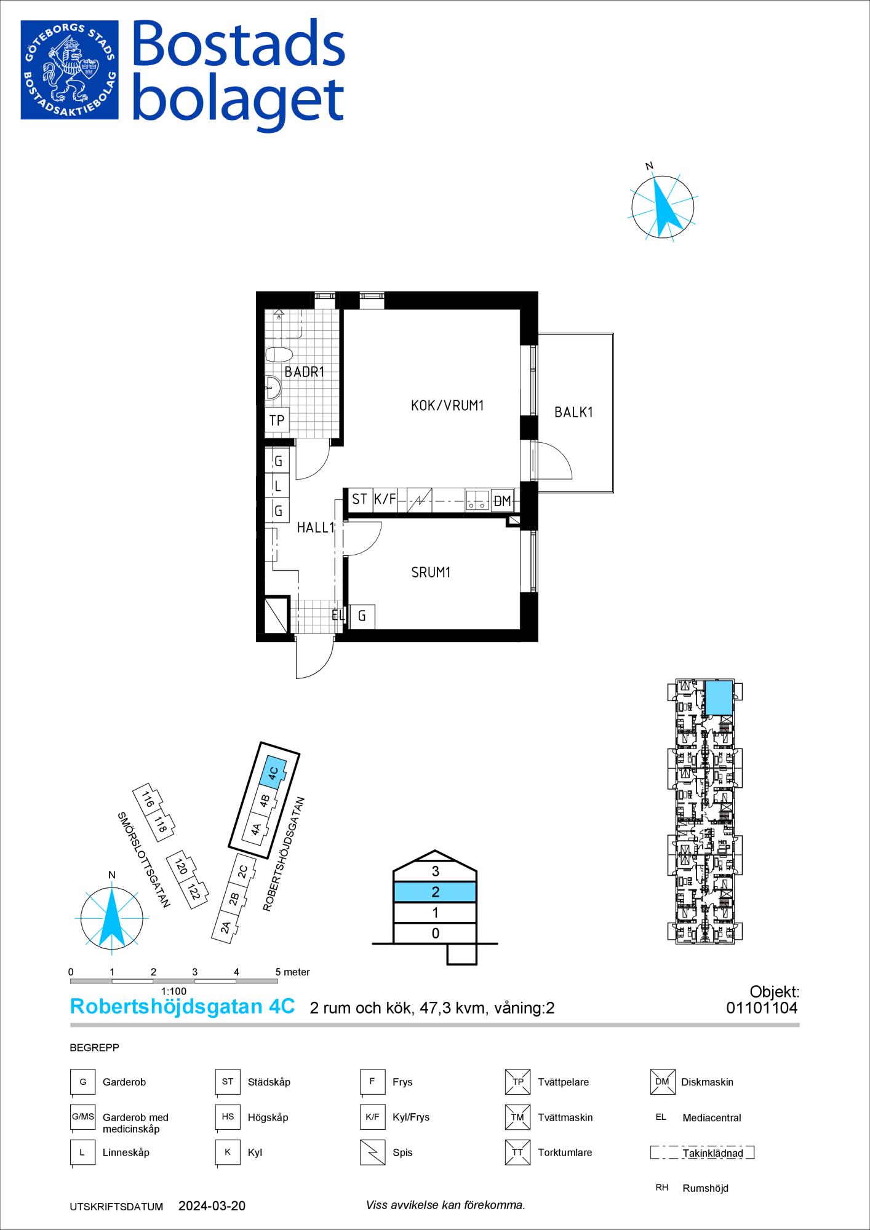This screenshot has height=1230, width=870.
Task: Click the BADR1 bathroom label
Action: click(x=304, y=371)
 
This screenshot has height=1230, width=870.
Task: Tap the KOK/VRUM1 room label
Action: click(x=448, y=406)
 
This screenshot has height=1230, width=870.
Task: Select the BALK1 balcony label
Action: click(x=573, y=412)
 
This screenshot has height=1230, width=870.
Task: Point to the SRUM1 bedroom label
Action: click(x=431, y=573)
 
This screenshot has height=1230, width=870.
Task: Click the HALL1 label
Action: click(x=315, y=528)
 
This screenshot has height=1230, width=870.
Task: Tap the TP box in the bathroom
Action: click(x=277, y=420)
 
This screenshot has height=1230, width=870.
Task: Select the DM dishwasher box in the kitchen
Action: click(x=503, y=501)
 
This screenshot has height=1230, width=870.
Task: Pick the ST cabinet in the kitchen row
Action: click(x=360, y=499)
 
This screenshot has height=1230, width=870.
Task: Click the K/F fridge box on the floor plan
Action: click(x=385, y=499)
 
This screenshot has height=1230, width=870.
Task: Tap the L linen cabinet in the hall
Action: click(x=277, y=486)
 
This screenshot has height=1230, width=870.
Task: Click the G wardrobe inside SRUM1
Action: click(x=362, y=616)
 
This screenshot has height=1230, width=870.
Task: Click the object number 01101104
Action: click(x=762, y=1008)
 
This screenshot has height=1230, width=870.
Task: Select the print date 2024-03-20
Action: click(x=212, y=1207)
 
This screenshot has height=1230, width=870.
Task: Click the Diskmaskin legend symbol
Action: click(x=662, y=1082)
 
